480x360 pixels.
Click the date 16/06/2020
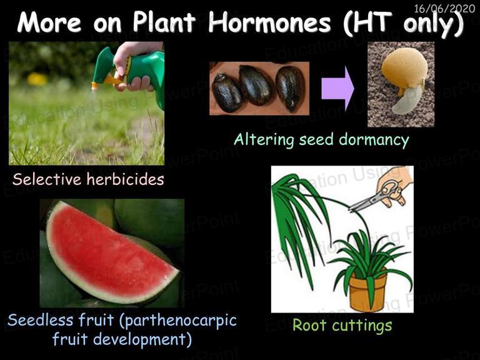click(444, 8)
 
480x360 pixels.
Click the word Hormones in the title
click(270, 22)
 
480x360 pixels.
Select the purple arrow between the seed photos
click(337, 89)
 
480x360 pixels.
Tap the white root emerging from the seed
click(406, 101)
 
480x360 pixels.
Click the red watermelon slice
click(110, 254)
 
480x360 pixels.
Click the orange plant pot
click(367, 291)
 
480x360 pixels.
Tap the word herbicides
click(126, 179)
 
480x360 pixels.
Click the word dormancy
click(374, 140)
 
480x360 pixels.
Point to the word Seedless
click(41, 320)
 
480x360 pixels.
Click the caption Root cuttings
click(342, 325)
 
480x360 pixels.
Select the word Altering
click(264, 139)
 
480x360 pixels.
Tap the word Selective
click(47, 179)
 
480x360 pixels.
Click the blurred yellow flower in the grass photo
click(37, 79)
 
